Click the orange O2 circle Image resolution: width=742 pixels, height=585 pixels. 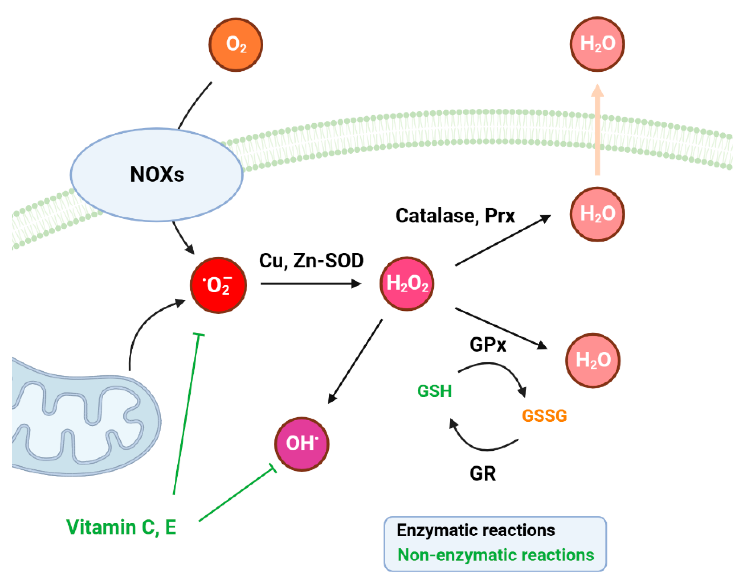click(236, 44)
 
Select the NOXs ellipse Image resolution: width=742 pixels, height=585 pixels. click(157, 175)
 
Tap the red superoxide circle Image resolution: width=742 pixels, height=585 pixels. click(218, 285)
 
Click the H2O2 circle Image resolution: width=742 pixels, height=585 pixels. click(407, 284)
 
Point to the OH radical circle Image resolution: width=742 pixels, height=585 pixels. click(302, 444)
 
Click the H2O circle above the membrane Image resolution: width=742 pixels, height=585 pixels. click(597, 44)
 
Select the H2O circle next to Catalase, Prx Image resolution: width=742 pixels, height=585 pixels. click(597, 214)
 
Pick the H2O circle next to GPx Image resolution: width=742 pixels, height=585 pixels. click(593, 360)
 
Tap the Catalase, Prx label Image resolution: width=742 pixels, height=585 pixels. click(455, 216)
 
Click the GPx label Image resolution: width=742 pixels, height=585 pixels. click(487, 345)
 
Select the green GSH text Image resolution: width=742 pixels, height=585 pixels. click(434, 391)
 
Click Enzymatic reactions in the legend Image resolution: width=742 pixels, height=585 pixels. click(475, 530)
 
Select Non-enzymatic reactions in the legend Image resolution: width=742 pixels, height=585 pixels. click(495, 555)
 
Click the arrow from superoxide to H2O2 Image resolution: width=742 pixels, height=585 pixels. click(310, 284)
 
